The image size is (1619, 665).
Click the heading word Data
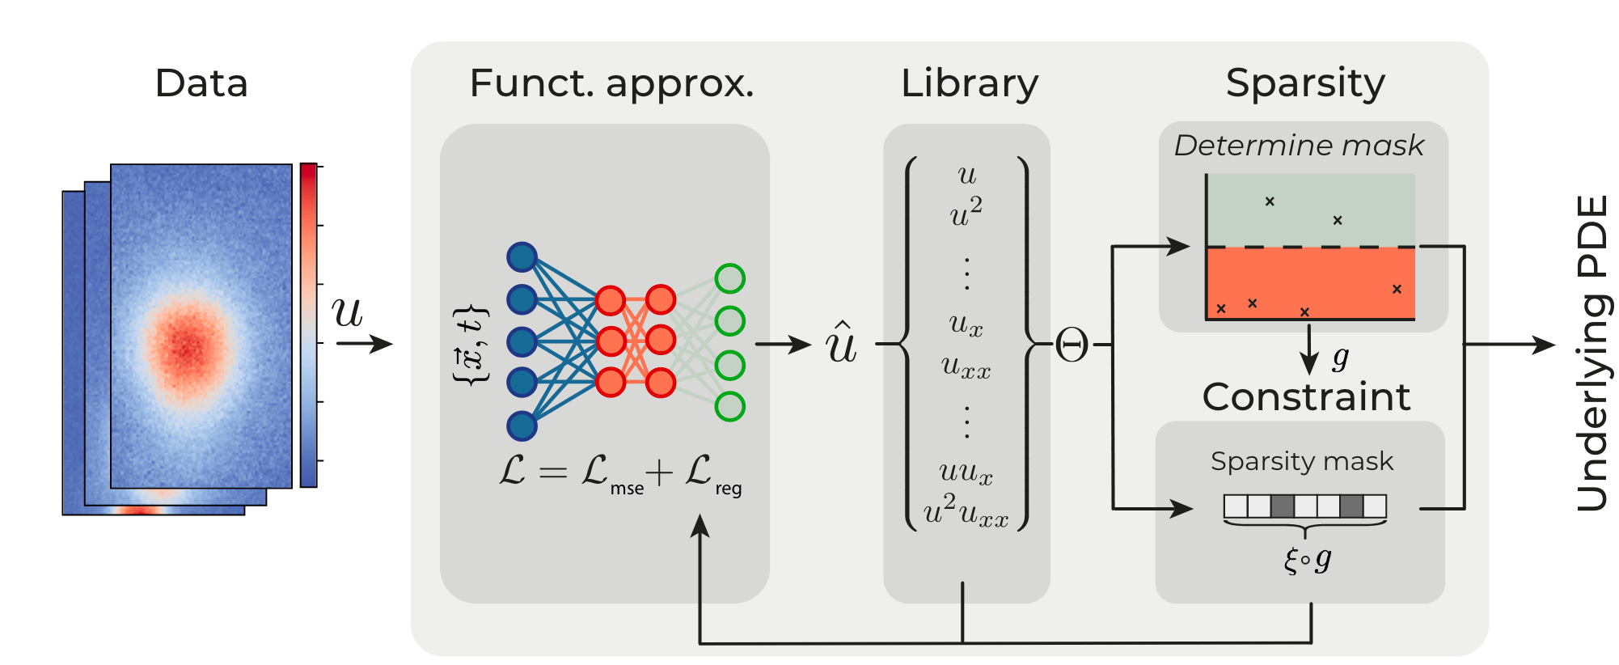(x=201, y=83)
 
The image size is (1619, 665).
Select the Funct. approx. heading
(x=611, y=84)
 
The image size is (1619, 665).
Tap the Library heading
(x=969, y=84)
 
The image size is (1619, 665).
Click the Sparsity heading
(x=1304, y=83)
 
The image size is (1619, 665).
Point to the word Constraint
(x=1306, y=397)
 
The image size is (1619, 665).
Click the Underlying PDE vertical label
(x=1592, y=353)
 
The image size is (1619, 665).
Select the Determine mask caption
(x=1299, y=146)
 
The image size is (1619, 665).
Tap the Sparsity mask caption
(x=1302, y=461)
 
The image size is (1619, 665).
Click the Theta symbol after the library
(x=1072, y=346)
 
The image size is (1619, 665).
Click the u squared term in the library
(x=966, y=214)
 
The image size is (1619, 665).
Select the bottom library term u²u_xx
(x=966, y=512)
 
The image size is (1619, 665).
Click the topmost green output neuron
(x=729, y=278)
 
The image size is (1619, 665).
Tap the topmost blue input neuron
(x=522, y=257)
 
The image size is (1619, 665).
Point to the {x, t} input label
(x=471, y=345)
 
